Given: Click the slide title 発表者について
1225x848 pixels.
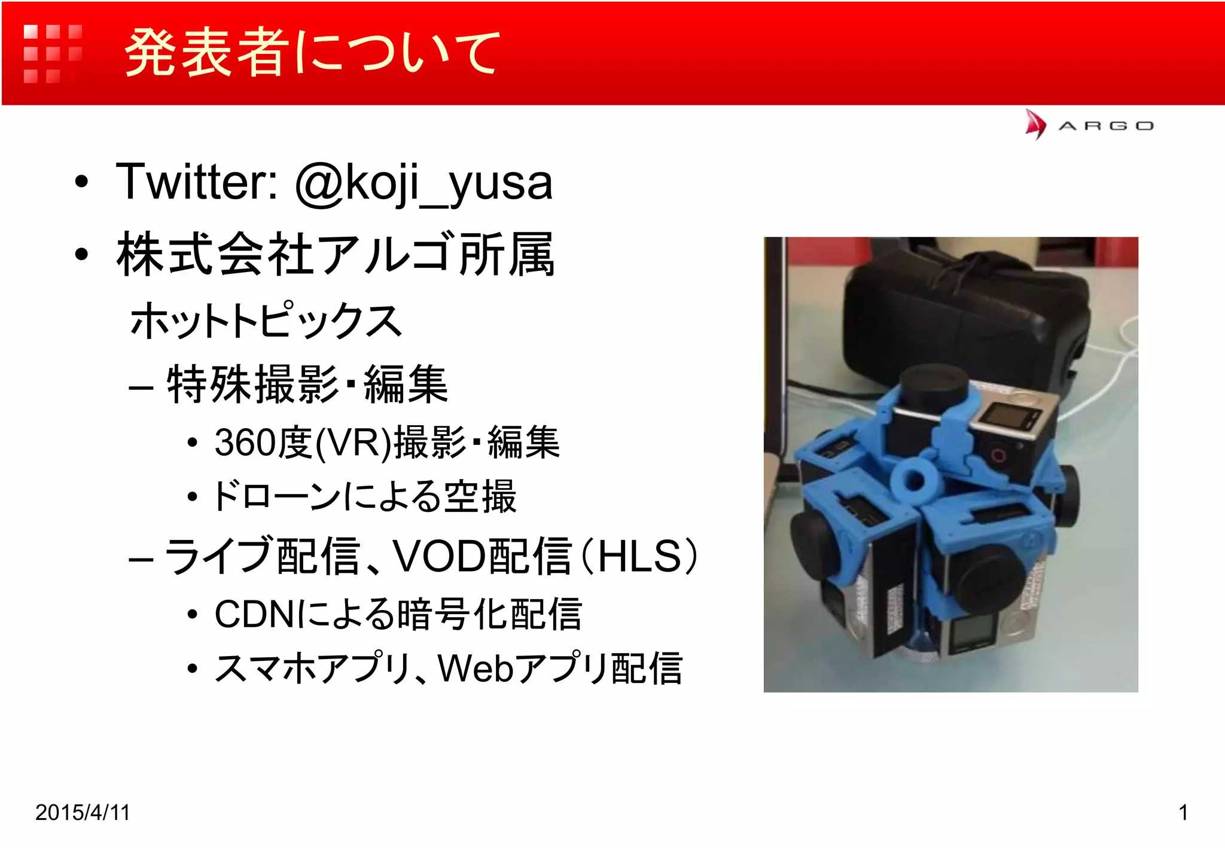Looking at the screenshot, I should click(x=311, y=53).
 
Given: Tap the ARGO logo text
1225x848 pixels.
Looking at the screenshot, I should click(x=1106, y=126).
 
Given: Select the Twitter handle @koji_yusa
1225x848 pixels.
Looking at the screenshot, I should click(x=423, y=182).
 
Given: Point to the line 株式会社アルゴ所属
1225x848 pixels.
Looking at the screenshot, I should click(x=335, y=255).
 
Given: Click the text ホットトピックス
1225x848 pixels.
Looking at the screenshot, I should click(x=266, y=321).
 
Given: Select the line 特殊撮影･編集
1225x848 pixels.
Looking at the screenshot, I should click(x=307, y=385).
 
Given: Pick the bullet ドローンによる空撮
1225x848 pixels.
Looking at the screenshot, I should click(x=364, y=496).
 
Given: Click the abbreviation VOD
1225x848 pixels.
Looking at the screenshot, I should click(x=440, y=556).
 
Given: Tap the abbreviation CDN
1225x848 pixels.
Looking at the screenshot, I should click(x=254, y=614).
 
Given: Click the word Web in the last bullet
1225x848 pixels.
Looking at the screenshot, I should click(x=476, y=669).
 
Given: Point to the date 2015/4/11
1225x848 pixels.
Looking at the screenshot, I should click(x=83, y=813).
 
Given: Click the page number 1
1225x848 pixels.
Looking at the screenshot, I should click(x=1183, y=813).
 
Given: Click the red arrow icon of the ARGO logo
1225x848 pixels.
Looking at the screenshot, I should click(x=1035, y=124).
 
